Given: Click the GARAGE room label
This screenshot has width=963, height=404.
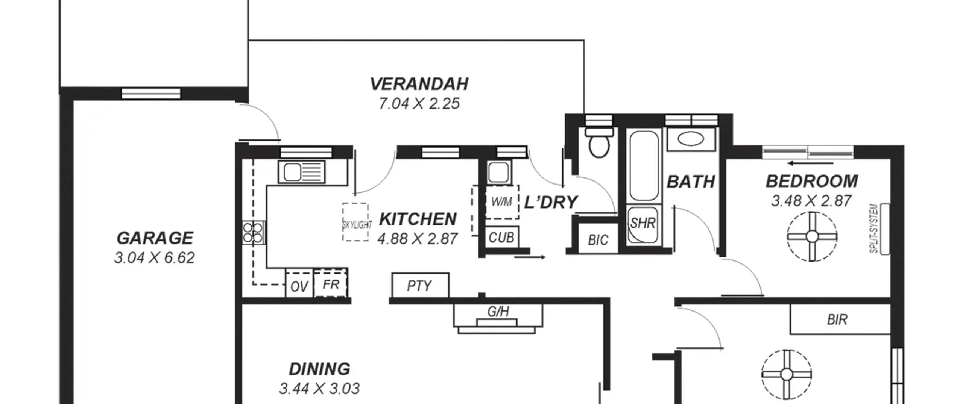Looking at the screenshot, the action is [x=155, y=238].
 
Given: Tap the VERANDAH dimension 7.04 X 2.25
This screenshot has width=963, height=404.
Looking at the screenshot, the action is [x=419, y=104].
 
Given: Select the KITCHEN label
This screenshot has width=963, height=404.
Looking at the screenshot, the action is [x=418, y=219].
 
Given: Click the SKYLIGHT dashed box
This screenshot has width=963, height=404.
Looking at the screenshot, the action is [x=355, y=222].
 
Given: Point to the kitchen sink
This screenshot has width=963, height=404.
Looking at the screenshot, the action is [x=302, y=172].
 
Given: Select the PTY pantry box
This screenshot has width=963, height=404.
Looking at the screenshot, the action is [x=420, y=286].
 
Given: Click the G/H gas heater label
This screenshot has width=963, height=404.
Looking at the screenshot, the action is [x=498, y=311].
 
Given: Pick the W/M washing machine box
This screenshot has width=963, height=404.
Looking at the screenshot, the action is [x=502, y=202].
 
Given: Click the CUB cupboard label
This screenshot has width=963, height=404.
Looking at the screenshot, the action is [x=501, y=238].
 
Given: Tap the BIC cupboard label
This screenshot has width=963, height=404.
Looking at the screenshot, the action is [x=598, y=240].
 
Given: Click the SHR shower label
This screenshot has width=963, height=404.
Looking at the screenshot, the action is [x=643, y=223].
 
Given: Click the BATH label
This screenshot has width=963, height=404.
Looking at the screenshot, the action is [x=691, y=182].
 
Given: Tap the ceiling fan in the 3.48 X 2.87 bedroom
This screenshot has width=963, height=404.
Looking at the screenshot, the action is [x=812, y=237].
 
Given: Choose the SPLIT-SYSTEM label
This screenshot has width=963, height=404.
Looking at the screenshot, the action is [x=873, y=229].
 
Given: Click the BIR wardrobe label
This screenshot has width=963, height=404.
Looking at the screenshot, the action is [x=837, y=320].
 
